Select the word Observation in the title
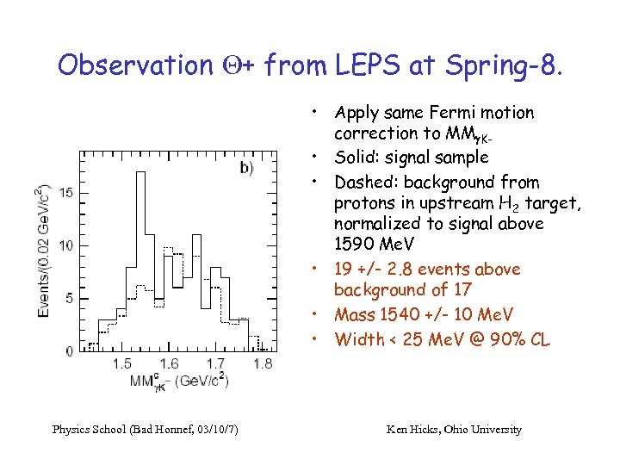click(x=133, y=65)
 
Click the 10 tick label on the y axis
click(x=67, y=245)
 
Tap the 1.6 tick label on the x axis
click(x=169, y=364)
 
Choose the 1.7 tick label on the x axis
click(x=216, y=364)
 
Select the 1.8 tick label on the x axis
click(x=263, y=364)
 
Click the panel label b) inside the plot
click(x=246, y=168)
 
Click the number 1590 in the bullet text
click(x=356, y=245)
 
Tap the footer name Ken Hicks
click(x=410, y=429)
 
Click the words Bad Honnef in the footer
click(x=159, y=429)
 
